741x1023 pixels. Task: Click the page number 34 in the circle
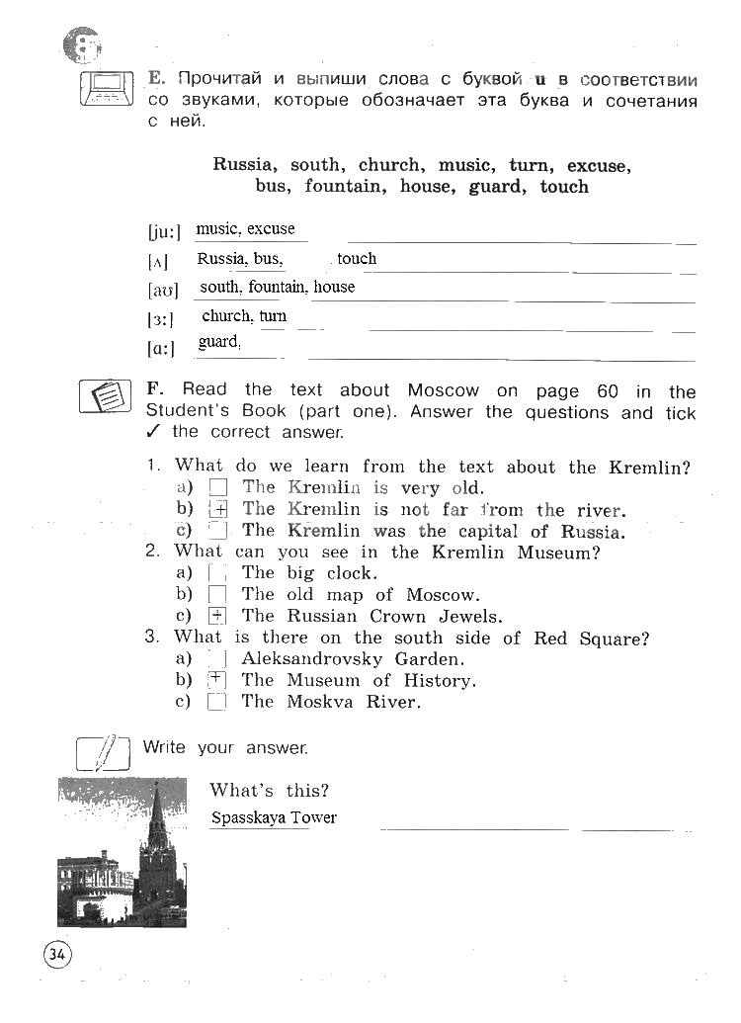[x=55, y=955]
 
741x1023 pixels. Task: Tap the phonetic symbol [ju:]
[x=164, y=233]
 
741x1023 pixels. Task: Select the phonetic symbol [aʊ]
[x=163, y=292]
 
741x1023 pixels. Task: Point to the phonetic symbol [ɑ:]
[x=162, y=348]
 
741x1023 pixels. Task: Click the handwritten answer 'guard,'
[x=219, y=342]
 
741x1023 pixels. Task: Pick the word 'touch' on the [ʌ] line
[x=357, y=259]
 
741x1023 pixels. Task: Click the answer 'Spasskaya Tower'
[x=274, y=818]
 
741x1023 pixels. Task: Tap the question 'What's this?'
[x=269, y=791]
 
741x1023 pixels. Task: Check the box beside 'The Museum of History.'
[x=218, y=680]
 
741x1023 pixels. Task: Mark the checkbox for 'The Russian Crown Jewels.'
[x=218, y=616]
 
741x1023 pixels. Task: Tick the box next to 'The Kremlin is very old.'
[x=218, y=487]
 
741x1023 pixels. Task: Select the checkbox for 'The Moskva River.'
[x=218, y=703]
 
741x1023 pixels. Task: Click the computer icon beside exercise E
[x=106, y=87]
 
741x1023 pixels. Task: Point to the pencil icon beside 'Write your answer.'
[x=103, y=753]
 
